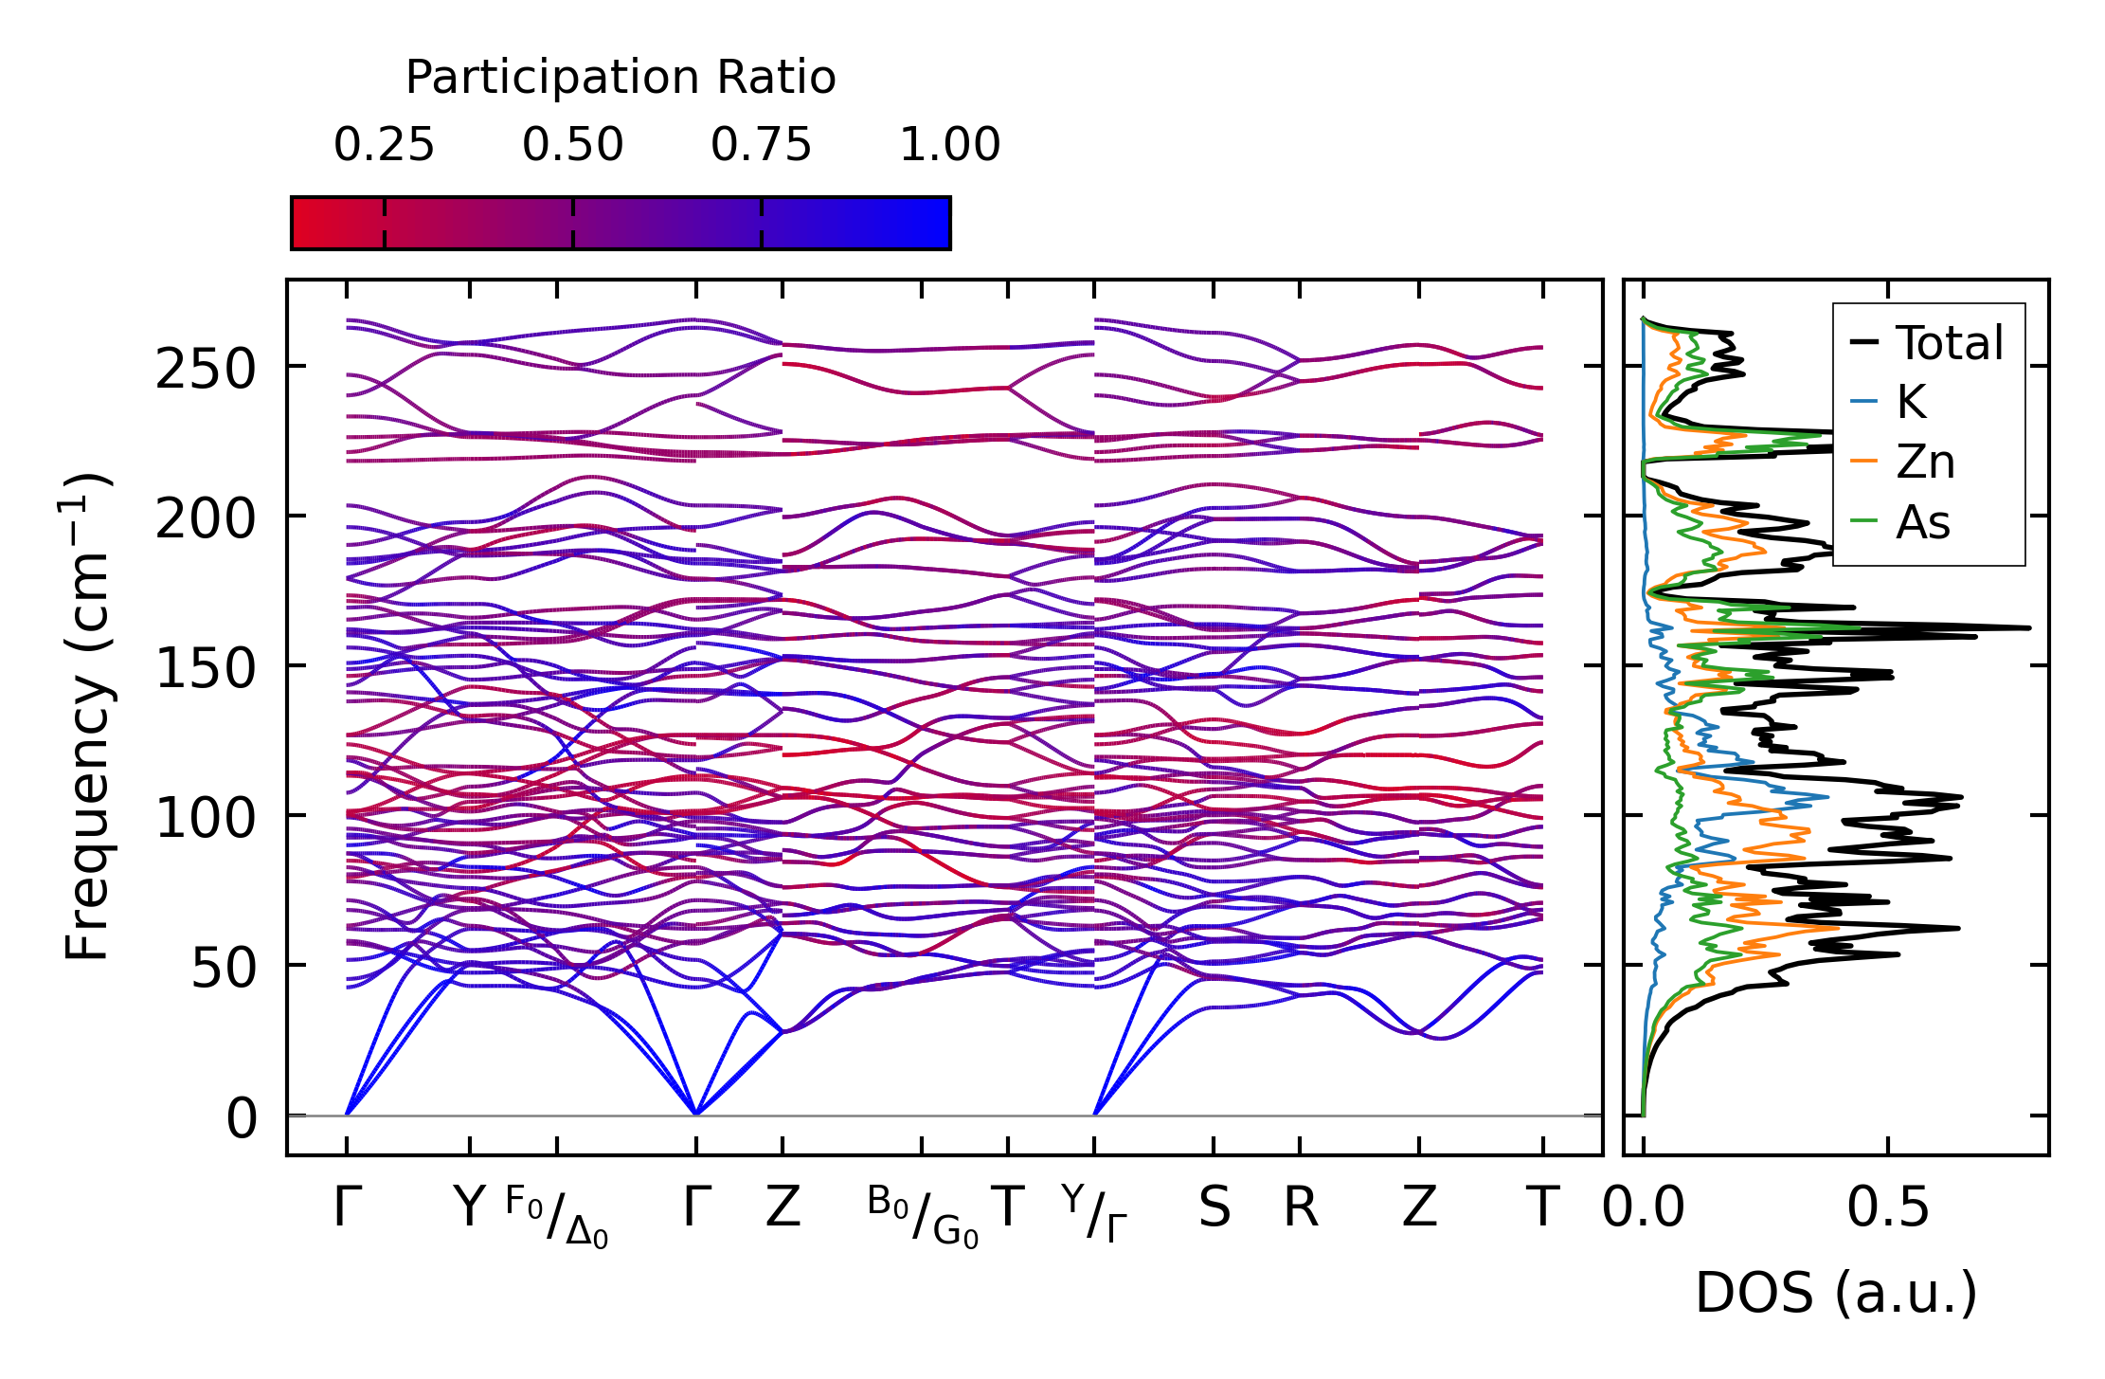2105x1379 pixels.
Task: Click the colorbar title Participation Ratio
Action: click(x=621, y=78)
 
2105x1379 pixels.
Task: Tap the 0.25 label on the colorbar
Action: click(x=384, y=145)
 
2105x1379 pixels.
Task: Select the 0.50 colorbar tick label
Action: click(x=572, y=145)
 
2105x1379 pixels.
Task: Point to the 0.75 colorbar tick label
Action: click(x=761, y=145)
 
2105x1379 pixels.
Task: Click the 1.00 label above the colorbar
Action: click(x=949, y=145)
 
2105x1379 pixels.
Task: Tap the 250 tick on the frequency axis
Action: click(x=206, y=369)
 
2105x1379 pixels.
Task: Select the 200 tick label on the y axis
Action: click(x=206, y=519)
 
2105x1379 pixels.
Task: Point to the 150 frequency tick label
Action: click(x=206, y=669)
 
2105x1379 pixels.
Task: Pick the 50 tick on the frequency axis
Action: click(x=224, y=969)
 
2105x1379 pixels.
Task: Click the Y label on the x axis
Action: click(x=469, y=1207)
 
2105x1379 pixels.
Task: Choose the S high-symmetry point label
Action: click(x=1214, y=1207)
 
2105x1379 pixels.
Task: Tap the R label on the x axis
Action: click(x=1301, y=1207)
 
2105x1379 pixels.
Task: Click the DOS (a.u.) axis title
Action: click(x=1836, y=1293)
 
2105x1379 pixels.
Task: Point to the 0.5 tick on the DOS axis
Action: click(x=1888, y=1207)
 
